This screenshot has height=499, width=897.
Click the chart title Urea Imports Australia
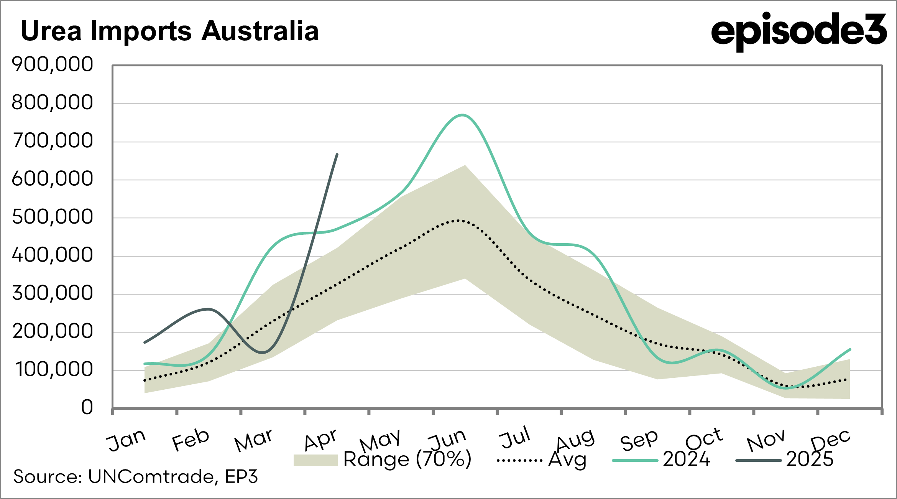[x=169, y=31]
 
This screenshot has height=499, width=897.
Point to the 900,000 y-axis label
[x=53, y=64]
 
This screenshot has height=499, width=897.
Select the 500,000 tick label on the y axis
[x=53, y=217]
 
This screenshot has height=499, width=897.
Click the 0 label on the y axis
[x=87, y=407]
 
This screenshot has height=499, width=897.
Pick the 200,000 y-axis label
[x=53, y=331]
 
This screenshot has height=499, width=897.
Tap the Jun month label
[x=447, y=440]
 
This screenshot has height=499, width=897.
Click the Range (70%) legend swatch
[x=315, y=460]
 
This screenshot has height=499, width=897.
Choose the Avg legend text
[x=567, y=459]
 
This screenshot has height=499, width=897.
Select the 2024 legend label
[x=687, y=459]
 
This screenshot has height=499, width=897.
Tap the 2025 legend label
[x=810, y=459]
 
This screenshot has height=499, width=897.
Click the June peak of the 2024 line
[x=462, y=115]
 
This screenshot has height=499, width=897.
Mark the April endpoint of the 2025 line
[x=337, y=154]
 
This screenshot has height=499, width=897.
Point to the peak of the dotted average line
[x=458, y=221]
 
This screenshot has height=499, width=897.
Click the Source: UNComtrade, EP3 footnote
[x=135, y=477]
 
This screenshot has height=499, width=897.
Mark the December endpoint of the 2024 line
[x=850, y=349]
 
